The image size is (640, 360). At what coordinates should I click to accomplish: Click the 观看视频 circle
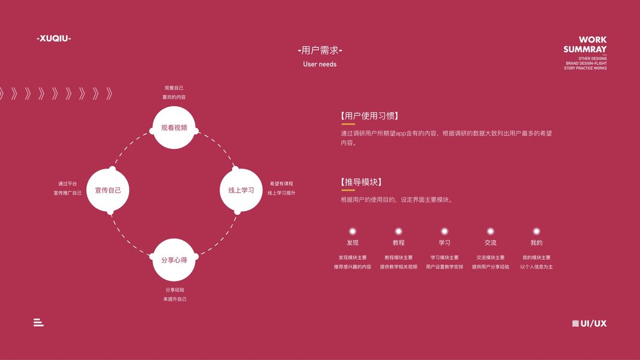coord(174,127)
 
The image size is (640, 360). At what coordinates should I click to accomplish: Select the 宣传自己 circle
coord(108,190)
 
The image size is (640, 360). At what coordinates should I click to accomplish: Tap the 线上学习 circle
coord(241,190)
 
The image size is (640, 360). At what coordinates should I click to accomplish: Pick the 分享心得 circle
coord(174,260)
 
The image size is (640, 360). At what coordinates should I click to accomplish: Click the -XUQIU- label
coord(53,38)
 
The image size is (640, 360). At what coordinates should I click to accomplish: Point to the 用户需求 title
coord(320,51)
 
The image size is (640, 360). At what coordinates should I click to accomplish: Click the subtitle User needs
coord(320,64)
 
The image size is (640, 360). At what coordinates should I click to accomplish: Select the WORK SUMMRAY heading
coord(585,44)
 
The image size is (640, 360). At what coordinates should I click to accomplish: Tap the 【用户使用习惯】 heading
coord(369,116)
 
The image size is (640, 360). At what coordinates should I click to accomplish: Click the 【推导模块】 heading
coord(360,182)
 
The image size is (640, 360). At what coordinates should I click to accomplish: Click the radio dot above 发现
coord(353,231)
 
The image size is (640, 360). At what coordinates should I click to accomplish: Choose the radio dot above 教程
coord(398,231)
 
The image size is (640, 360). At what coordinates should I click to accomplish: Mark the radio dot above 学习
coord(444,231)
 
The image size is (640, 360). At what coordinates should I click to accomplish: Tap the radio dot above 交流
coord(490,231)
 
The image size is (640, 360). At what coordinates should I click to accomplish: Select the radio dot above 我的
coord(536,231)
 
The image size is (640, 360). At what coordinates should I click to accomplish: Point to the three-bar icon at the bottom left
coord(38,323)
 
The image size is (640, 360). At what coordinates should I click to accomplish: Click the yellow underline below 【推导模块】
coord(348,190)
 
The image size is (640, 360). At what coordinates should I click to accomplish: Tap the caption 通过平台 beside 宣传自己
coord(67,184)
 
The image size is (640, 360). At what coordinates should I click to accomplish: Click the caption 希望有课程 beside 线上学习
coord(281,184)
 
